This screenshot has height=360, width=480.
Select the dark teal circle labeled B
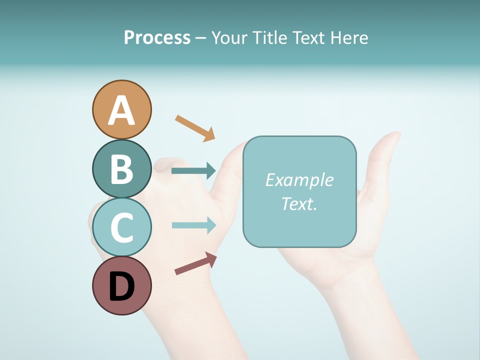pyautogui.click(x=121, y=168)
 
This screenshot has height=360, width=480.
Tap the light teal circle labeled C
pyautogui.click(x=121, y=227)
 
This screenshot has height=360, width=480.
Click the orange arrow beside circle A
pyautogui.click(x=195, y=128)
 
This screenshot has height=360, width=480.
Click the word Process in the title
pyautogui.click(x=157, y=37)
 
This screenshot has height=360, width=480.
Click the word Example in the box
pyautogui.click(x=299, y=180)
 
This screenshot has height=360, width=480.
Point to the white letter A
pyautogui.click(x=121, y=111)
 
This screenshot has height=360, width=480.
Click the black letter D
pyautogui.click(x=121, y=287)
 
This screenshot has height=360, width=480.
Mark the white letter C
pyautogui.click(x=121, y=228)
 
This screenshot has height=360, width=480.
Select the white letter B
pyautogui.click(x=121, y=169)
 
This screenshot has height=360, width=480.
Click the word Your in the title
pyautogui.click(x=229, y=37)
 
